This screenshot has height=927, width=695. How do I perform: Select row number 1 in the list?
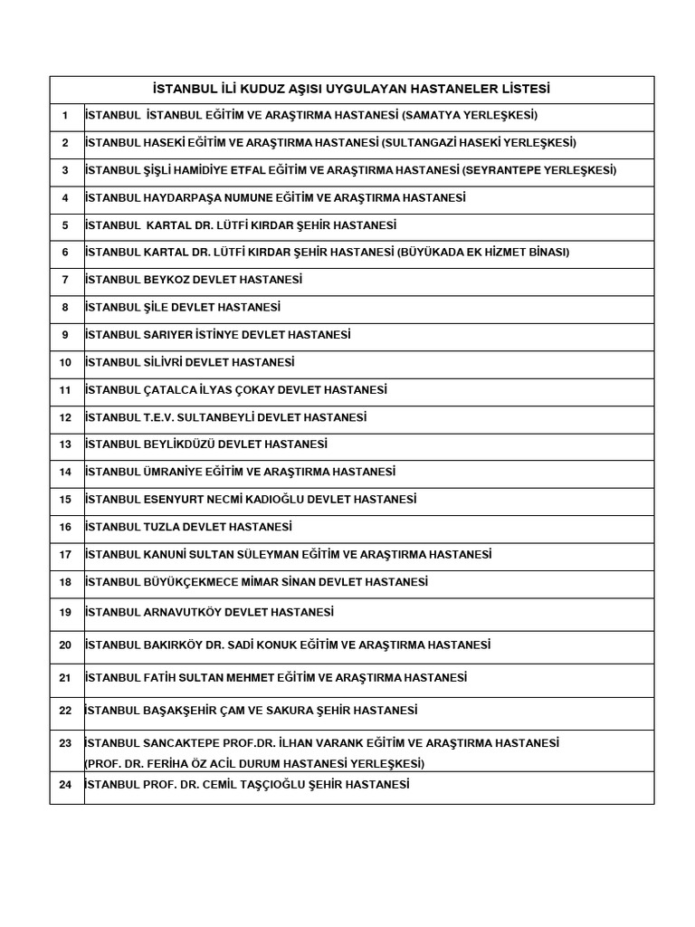click(x=65, y=116)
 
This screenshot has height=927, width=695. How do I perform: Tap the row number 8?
click(x=65, y=308)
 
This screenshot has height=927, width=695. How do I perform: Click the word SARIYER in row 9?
click(x=168, y=335)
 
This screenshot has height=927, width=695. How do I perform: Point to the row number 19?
click(x=65, y=613)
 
